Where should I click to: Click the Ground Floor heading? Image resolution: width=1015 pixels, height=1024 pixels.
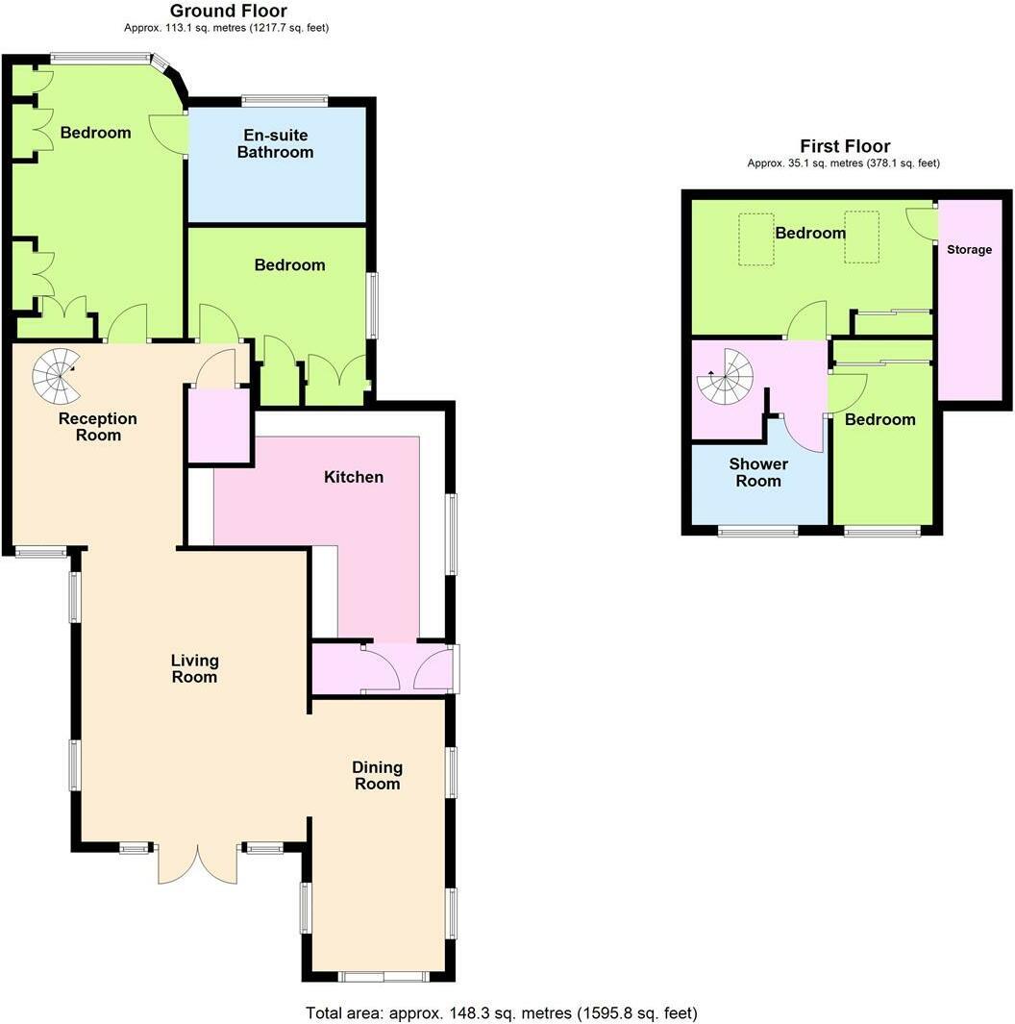228,12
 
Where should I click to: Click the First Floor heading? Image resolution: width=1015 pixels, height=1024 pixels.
845,146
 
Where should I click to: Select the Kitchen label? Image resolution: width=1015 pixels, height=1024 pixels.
354,477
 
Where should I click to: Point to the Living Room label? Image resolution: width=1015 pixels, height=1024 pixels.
195,668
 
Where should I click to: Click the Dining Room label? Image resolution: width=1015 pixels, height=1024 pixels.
377,775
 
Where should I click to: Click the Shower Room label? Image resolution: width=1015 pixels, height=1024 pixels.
758,472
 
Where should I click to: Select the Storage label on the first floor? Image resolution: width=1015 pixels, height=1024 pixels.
969,250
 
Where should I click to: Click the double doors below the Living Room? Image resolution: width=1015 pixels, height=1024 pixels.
198,862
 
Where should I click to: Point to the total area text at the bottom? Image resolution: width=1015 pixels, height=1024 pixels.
501,1012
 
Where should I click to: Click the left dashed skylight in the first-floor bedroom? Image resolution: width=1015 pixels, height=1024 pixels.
755,237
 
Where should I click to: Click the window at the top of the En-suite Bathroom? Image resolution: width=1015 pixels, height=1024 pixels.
285,100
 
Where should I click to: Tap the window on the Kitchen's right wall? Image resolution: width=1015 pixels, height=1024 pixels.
451,535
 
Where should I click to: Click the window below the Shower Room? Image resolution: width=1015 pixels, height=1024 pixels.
757,531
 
